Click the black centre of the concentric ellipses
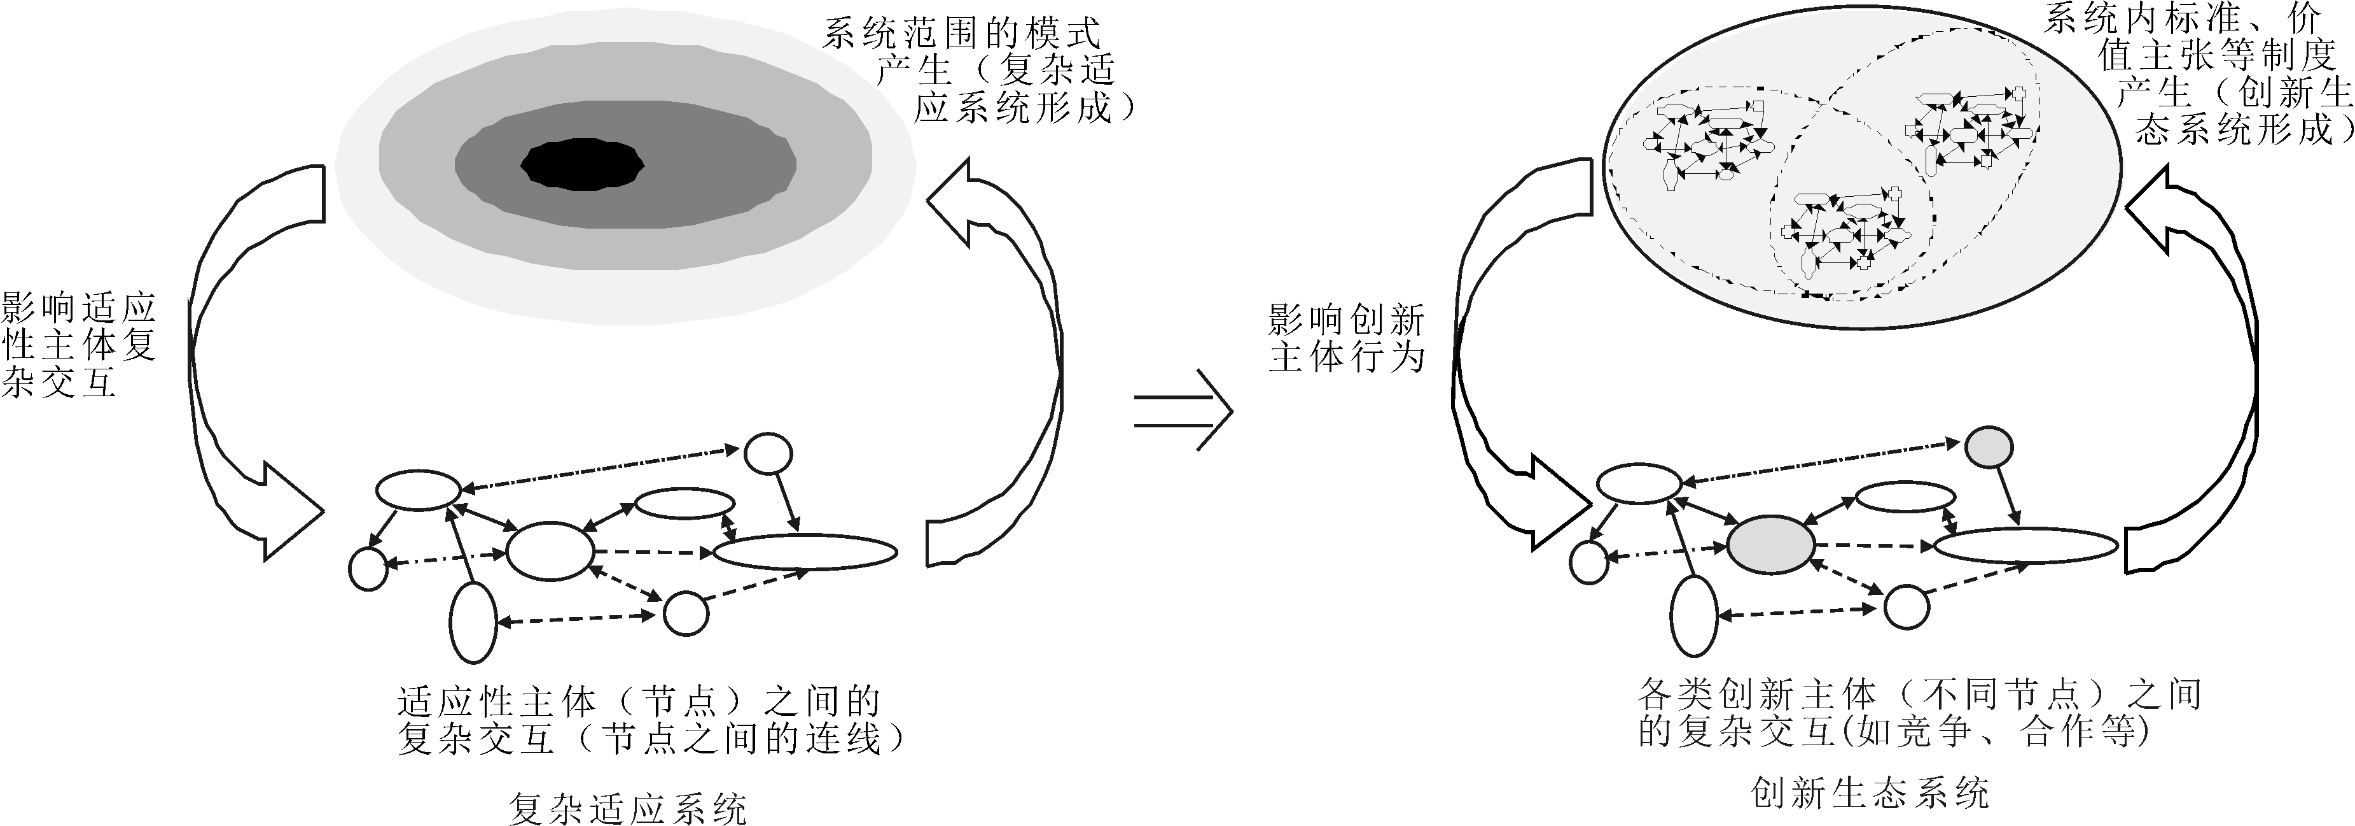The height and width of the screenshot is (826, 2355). point(582,166)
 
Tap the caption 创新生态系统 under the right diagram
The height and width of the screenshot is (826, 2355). point(1870,792)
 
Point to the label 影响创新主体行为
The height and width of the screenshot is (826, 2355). point(1347,338)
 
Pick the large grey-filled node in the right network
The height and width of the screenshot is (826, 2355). point(1771,545)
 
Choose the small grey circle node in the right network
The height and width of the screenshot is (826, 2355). point(1989,447)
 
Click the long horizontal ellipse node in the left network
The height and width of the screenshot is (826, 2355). point(805,552)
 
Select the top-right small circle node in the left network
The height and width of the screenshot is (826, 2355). point(768,453)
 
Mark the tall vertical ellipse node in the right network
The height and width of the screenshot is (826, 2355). point(1695,618)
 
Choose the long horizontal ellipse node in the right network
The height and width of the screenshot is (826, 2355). point(2024,546)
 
